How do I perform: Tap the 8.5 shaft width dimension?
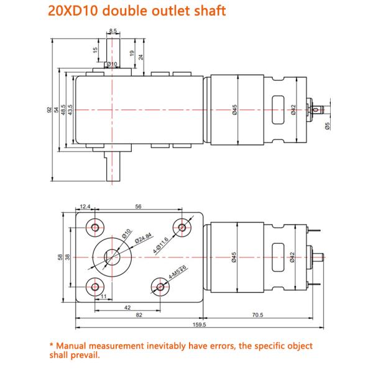(x=112, y=30)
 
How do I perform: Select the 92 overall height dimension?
(x=49, y=110)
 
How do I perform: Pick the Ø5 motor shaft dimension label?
(x=327, y=127)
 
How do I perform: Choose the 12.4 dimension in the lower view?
(x=85, y=207)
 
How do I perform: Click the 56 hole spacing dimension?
(x=138, y=207)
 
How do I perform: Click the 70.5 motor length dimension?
(x=258, y=315)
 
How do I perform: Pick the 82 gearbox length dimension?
(x=139, y=315)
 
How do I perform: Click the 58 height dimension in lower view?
(x=60, y=256)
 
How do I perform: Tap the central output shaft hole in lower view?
(x=113, y=256)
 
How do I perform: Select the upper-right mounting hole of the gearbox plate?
(x=182, y=227)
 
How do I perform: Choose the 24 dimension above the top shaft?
(x=141, y=57)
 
